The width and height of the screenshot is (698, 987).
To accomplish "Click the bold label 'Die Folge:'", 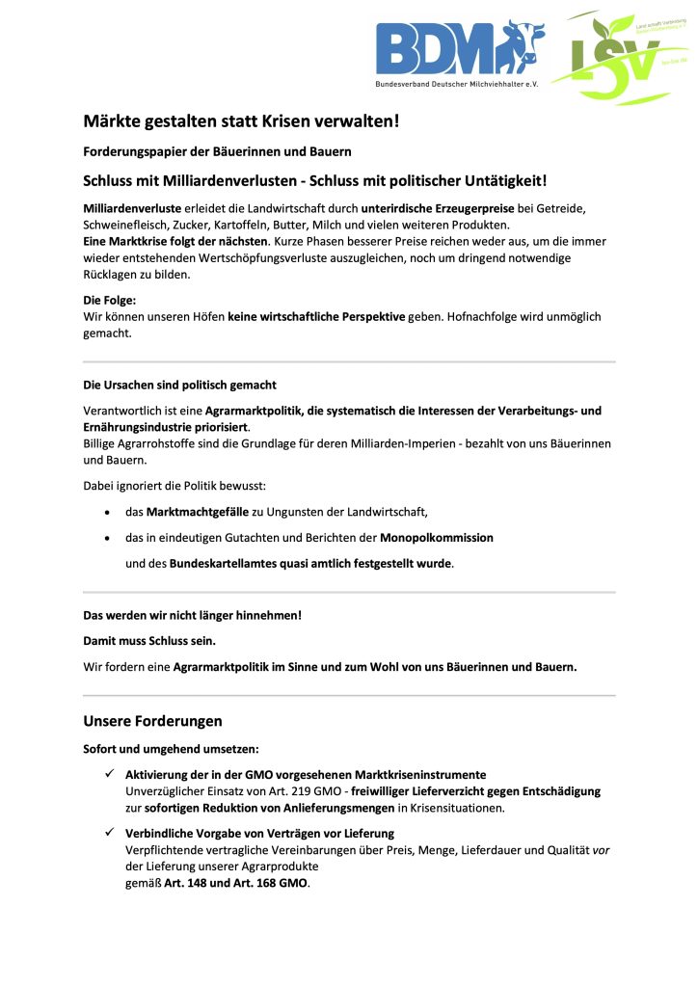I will [110, 300].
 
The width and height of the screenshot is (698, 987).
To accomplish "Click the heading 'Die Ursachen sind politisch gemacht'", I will [180, 385].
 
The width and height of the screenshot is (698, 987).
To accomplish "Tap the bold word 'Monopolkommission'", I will [436, 537].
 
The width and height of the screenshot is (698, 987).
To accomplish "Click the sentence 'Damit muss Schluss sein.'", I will [149, 640].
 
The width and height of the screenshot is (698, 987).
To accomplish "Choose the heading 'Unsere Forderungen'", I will [153, 720].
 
